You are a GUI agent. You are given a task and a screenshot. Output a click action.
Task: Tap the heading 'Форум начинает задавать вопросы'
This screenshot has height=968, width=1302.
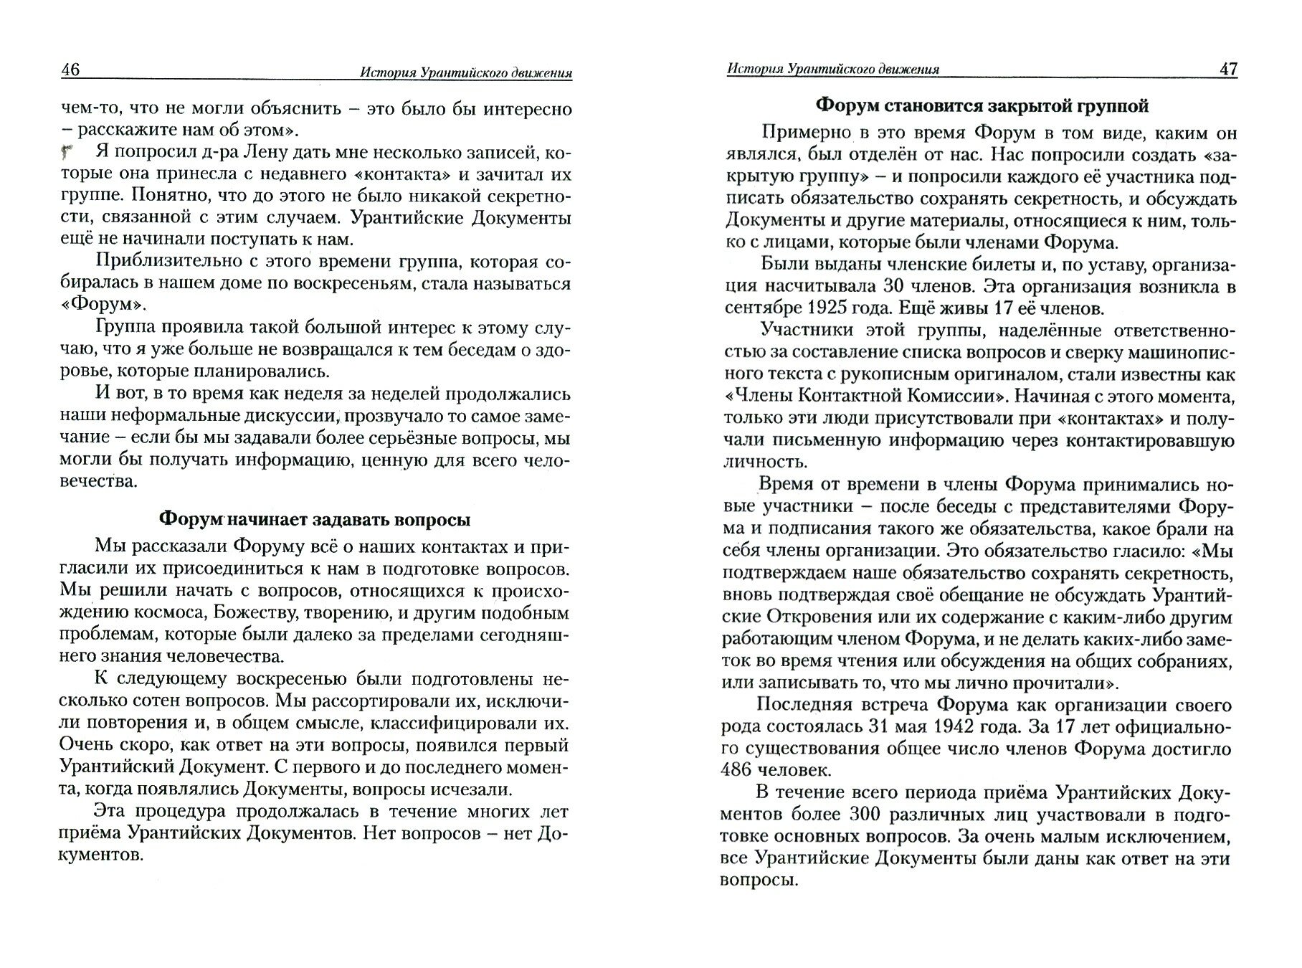coord(314,518)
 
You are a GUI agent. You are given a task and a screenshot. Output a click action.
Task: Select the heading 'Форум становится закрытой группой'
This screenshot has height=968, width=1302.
coord(982,106)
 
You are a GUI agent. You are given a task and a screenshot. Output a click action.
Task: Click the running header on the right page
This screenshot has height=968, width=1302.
coord(832,69)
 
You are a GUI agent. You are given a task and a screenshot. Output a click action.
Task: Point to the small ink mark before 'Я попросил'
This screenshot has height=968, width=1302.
coord(67,151)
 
